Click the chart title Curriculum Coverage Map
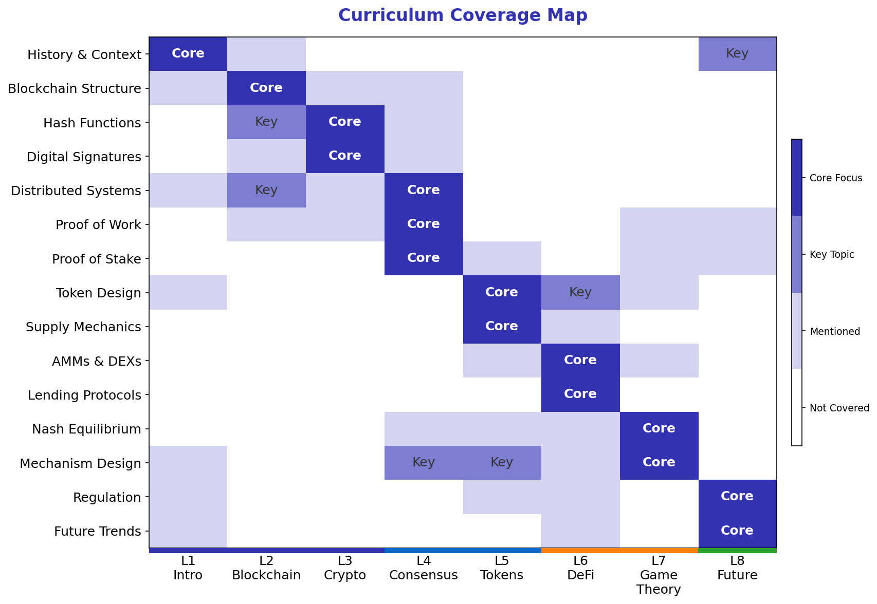(462, 15)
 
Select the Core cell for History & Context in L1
(188, 53)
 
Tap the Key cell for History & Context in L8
(737, 53)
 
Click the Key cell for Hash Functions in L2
(266, 122)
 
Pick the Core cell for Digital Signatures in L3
(345, 156)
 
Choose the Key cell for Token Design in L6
(580, 292)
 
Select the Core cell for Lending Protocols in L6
(580, 394)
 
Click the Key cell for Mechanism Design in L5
(502, 462)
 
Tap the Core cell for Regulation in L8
(737, 496)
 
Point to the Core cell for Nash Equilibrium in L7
(659, 428)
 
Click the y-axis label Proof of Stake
(97, 259)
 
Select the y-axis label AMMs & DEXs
(97, 362)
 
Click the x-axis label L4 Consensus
(424, 568)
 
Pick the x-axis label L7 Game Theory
(659, 575)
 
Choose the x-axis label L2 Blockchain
(266, 568)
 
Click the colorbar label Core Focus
(835, 178)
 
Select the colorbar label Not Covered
(839, 408)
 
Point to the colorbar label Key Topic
(831, 255)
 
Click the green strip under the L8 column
(737, 551)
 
